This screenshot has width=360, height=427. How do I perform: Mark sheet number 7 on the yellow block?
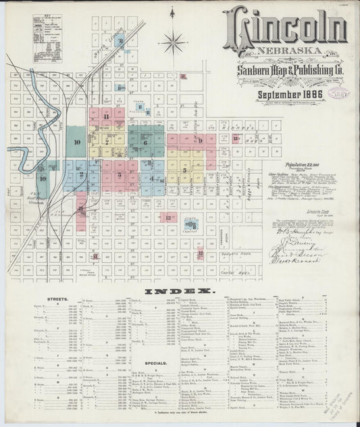tap(107, 143)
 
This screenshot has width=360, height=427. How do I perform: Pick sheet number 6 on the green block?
tap(145, 142)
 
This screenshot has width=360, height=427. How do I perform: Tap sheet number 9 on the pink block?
tap(200, 140)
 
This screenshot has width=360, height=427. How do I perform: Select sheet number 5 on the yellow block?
tap(184, 170)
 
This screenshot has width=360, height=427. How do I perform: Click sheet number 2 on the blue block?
tap(81, 174)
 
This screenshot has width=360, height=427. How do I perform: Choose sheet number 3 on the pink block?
tap(119, 174)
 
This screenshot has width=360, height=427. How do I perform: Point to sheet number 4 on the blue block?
tap(153, 179)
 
